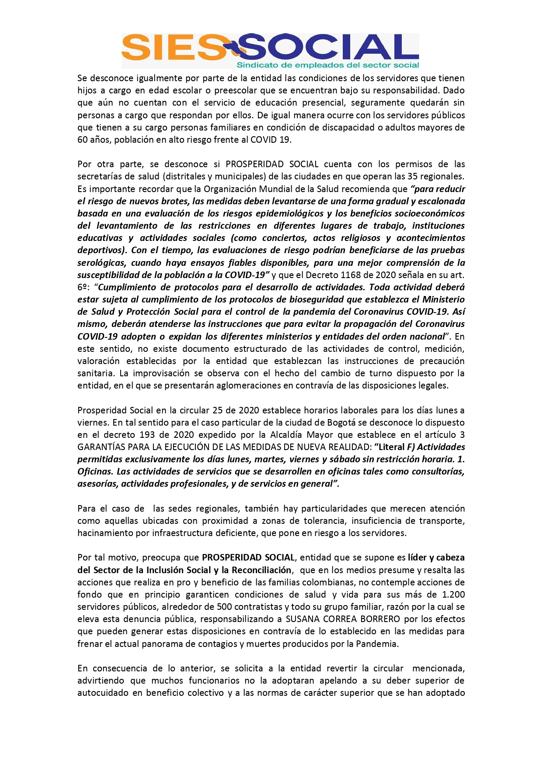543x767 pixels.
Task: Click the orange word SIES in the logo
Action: click(173, 47)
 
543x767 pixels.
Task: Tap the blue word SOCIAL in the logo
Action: click(328, 47)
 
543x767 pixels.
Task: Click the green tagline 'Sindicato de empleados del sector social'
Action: click(328, 65)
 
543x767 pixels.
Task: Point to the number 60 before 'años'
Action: click(83, 140)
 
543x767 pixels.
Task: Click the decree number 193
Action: click(147, 435)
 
